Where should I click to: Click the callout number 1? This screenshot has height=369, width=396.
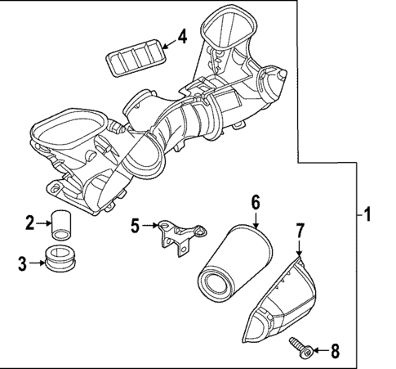pos(367,216)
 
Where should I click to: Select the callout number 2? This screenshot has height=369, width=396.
pos(29,222)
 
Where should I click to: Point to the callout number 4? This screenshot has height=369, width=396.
pos(181,37)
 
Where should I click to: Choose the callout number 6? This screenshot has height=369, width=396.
pos(255,201)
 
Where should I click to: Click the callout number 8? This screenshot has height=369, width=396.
pos(333,351)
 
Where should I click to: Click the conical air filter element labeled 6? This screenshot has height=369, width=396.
pos(234,258)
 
